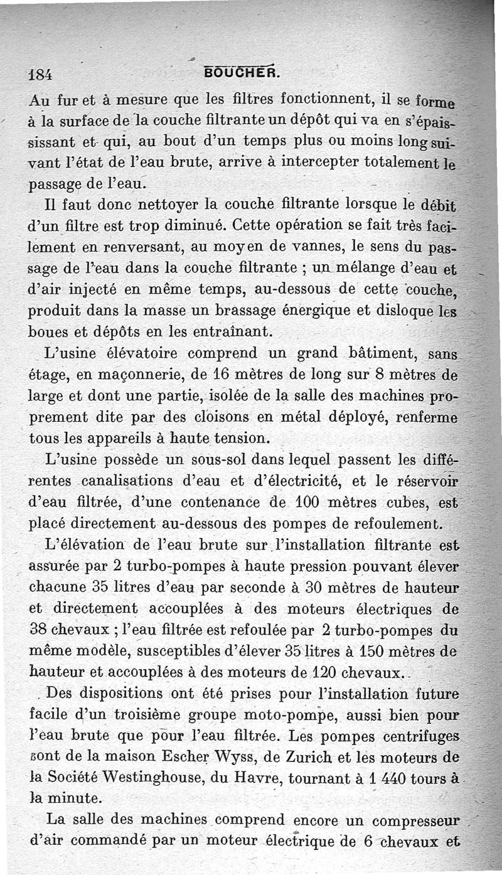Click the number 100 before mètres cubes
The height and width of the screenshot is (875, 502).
click(294, 502)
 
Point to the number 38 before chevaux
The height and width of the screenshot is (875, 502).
click(41, 630)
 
